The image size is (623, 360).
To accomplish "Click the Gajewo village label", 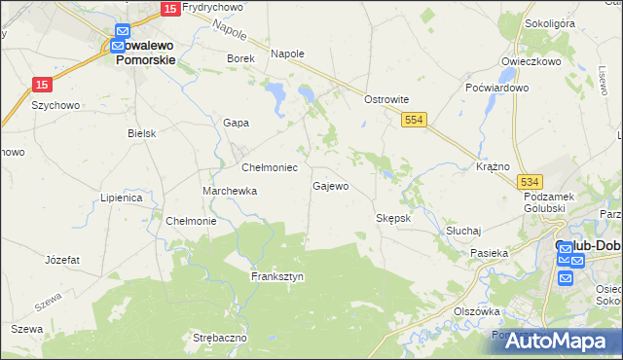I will (x=330, y=186).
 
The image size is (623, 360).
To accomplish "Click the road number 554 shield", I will (x=415, y=118).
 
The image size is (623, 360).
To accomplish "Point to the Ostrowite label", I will (x=385, y=99).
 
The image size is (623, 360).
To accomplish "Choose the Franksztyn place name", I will (x=277, y=276).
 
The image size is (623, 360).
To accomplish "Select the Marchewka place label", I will (x=230, y=192).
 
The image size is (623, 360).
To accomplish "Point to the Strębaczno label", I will (x=220, y=338).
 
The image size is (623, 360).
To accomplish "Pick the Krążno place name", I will (x=494, y=167).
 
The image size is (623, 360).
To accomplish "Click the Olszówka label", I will (x=477, y=311).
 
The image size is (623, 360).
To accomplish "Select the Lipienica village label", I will (x=122, y=198).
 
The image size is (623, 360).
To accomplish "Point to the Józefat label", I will (x=62, y=260).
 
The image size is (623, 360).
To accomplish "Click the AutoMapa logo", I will (x=558, y=342).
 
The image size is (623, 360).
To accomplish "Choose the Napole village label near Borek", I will (x=287, y=54).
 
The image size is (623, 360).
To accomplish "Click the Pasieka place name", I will (x=490, y=253).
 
